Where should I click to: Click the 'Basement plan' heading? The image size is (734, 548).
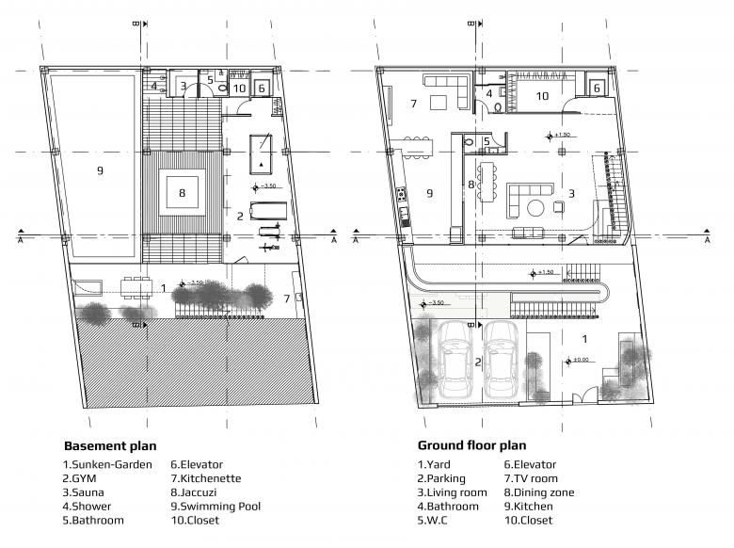tap(110, 445)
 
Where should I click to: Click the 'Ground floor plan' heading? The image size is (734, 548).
tap(471, 445)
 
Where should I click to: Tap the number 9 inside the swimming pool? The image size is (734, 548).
tap(99, 170)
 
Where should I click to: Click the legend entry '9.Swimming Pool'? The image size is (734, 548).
tap(215, 506)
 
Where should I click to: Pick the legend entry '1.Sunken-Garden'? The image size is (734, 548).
tap(107, 464)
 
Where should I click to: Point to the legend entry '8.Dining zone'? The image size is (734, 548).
tap(539, 492)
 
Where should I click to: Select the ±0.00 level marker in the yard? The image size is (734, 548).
tap(579, 359)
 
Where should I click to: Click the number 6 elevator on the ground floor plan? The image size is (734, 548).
tap(598, 88)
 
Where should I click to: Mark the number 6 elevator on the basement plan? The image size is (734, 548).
tap(263, 88)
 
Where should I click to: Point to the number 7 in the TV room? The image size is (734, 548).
tap(412, 102)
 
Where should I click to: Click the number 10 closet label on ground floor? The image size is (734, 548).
tap(542, 95)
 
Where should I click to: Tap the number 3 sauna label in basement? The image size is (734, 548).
tap(183, 86)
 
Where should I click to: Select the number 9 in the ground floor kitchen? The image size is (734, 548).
tap(429, 194)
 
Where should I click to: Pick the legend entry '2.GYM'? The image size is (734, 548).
tap(85, 478)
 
